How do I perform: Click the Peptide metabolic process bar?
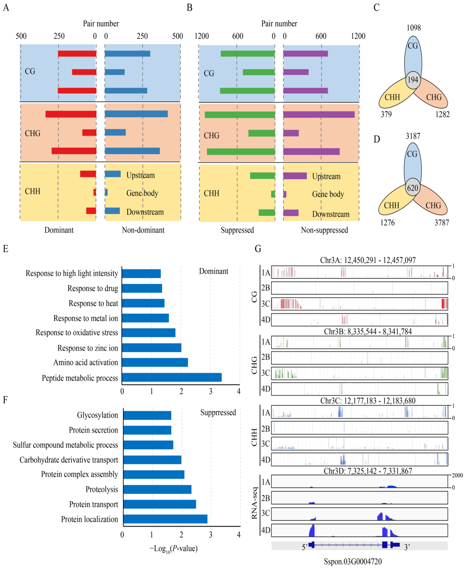172,377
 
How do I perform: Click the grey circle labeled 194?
413,80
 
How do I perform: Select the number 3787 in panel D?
442,223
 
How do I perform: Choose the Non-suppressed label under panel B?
324,230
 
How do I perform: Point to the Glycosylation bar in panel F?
147,415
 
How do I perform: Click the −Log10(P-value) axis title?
173,548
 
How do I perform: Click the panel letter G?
258,249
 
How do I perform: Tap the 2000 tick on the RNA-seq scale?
457,475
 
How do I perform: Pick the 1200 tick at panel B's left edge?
202,36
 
